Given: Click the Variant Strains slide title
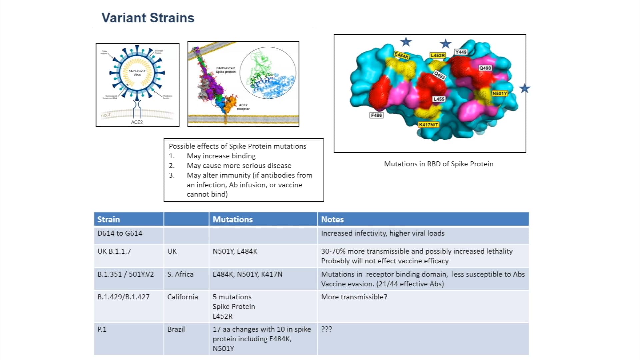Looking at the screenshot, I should click(148, 18).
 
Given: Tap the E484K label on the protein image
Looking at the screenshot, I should click(401, 55).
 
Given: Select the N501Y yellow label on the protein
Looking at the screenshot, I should click(499, 93).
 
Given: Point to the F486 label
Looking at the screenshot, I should click(376, 115).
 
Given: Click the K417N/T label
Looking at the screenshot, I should click(429, 125).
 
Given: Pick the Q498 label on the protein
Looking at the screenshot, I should click(485, 68).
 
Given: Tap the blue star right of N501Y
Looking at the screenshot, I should click(524, 89).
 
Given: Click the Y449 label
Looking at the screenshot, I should click(461, 52).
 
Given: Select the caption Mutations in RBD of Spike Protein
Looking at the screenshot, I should click(438, 164).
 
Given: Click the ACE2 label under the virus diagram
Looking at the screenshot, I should click(137, 122).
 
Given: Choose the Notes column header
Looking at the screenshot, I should click(332, 219).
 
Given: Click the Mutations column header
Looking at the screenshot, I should click(233, 219).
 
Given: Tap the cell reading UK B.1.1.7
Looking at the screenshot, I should click(114, 251).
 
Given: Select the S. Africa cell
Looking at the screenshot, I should click(180, 274).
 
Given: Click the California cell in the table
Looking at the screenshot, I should click(183, 297).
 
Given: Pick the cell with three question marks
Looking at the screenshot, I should click(327, 329).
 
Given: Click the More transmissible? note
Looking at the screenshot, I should click(354, 297).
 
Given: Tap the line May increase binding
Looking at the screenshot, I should click(221, 156).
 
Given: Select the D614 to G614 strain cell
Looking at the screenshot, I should click(120, 233).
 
